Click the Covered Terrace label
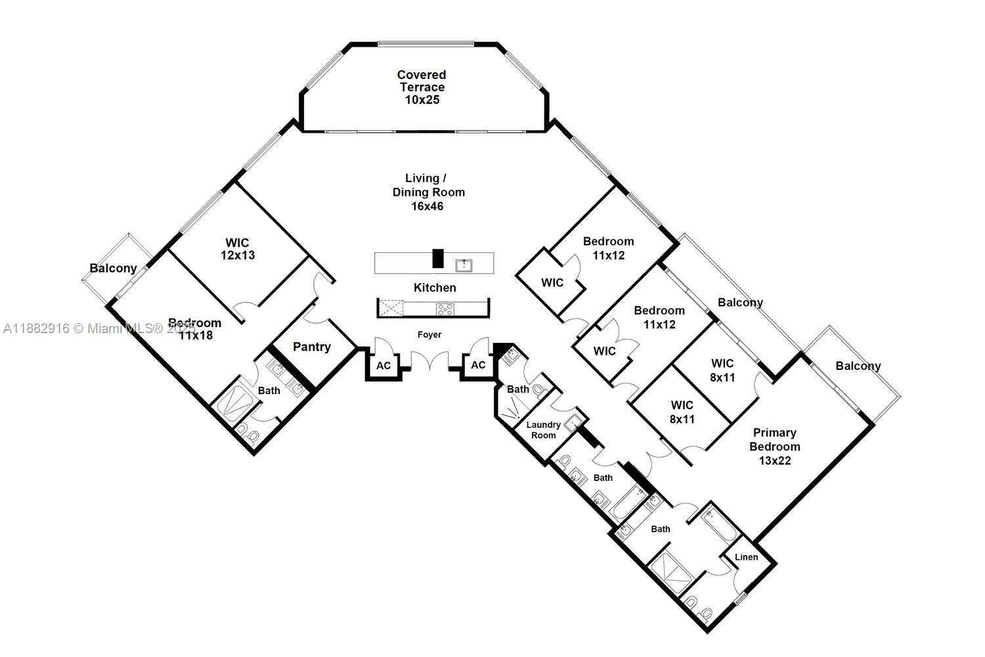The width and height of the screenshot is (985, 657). (x=421, y=81)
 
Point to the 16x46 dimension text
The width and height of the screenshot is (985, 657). (x=427, y=206)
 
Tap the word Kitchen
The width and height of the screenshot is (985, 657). (x=435, y=288)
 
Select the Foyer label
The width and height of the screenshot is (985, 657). (x=429, y=334)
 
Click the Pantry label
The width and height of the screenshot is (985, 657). (x=312, y=347)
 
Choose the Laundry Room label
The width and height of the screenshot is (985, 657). (x=544, y=430)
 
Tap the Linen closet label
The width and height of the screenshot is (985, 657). (x=746, y=557)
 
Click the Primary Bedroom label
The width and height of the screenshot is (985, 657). (x=775, y=440)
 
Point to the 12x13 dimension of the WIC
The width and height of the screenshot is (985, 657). (x=237, y=256)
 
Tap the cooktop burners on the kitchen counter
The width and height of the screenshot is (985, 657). (x=445, y=309)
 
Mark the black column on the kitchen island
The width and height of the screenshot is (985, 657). (x=438, y=258)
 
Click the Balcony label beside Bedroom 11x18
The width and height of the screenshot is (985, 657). (x=113, y=268)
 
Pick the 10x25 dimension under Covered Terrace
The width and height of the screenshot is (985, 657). (x=422, y=101)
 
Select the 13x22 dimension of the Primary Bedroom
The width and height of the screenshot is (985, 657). (x=775, y=461)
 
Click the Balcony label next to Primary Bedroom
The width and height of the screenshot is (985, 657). (x=858, y=366)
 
